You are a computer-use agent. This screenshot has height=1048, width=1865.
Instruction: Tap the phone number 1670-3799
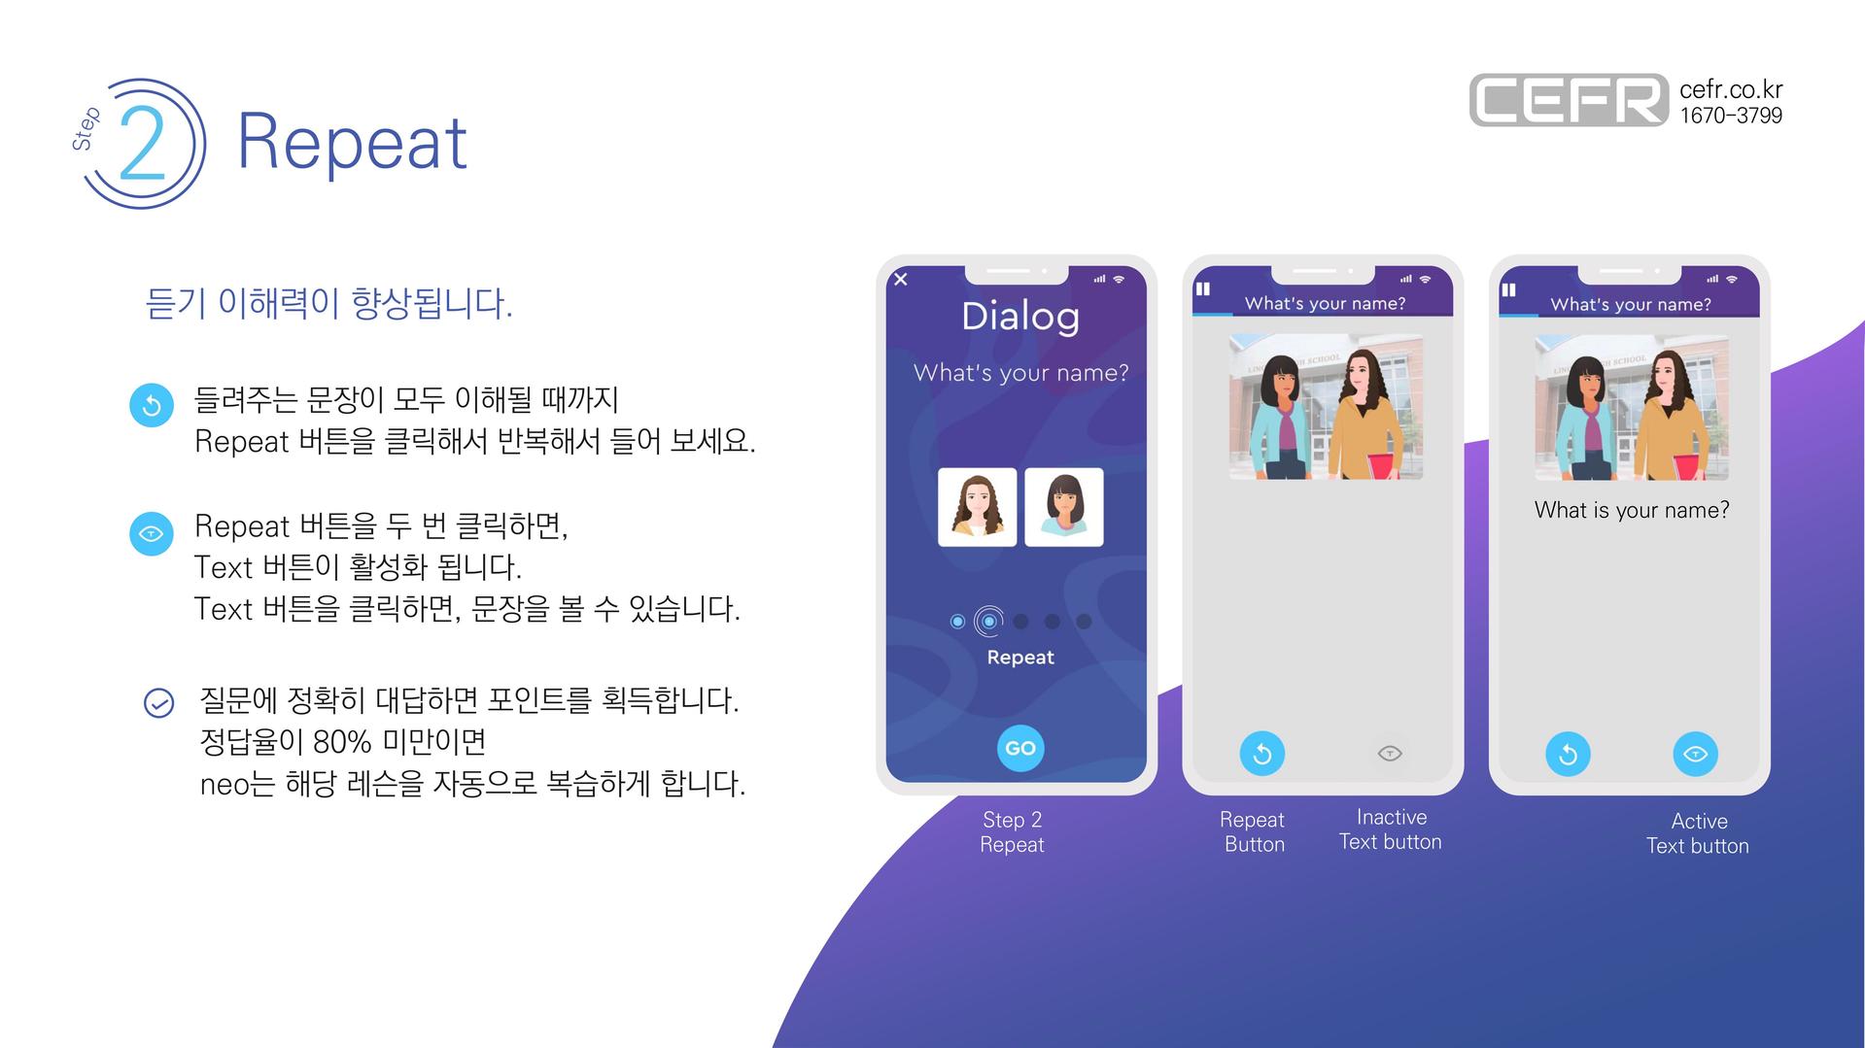coord(1731,116)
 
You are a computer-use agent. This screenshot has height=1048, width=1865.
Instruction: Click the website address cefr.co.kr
coord(1731,89)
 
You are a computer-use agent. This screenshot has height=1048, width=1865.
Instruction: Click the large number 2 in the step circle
coord(143,143)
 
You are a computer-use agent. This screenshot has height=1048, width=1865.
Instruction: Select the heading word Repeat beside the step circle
coord(352,142)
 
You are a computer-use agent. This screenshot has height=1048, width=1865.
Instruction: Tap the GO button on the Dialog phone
coord(1020,748)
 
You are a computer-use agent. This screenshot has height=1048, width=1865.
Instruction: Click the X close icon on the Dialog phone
coord(901,280)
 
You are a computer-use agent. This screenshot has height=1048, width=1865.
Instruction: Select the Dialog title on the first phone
coord(1020,317)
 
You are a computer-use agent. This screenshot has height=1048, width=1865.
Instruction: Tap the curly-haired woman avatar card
coord(977,507)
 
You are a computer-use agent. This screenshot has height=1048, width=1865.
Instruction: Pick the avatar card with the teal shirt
coord(1064,507)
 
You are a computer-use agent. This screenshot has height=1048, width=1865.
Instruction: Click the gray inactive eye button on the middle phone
coord(1390,753)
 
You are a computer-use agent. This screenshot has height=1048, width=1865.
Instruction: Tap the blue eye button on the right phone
coord(1695,754)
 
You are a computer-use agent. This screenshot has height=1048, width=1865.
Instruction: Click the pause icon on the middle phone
coord(1203,288)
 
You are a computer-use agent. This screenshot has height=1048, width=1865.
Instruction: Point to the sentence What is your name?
coord(1632,510)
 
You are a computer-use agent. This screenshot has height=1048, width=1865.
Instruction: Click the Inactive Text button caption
coord(1391,829)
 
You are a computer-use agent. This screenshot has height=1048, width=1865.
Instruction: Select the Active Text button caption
coord(1698,833)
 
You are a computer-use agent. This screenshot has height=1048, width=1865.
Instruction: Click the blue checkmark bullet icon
coord(158,702)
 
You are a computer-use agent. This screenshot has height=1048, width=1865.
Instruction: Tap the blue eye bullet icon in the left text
coord(152,533)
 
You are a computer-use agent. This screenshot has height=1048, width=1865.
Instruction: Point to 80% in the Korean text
coord(342,742)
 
